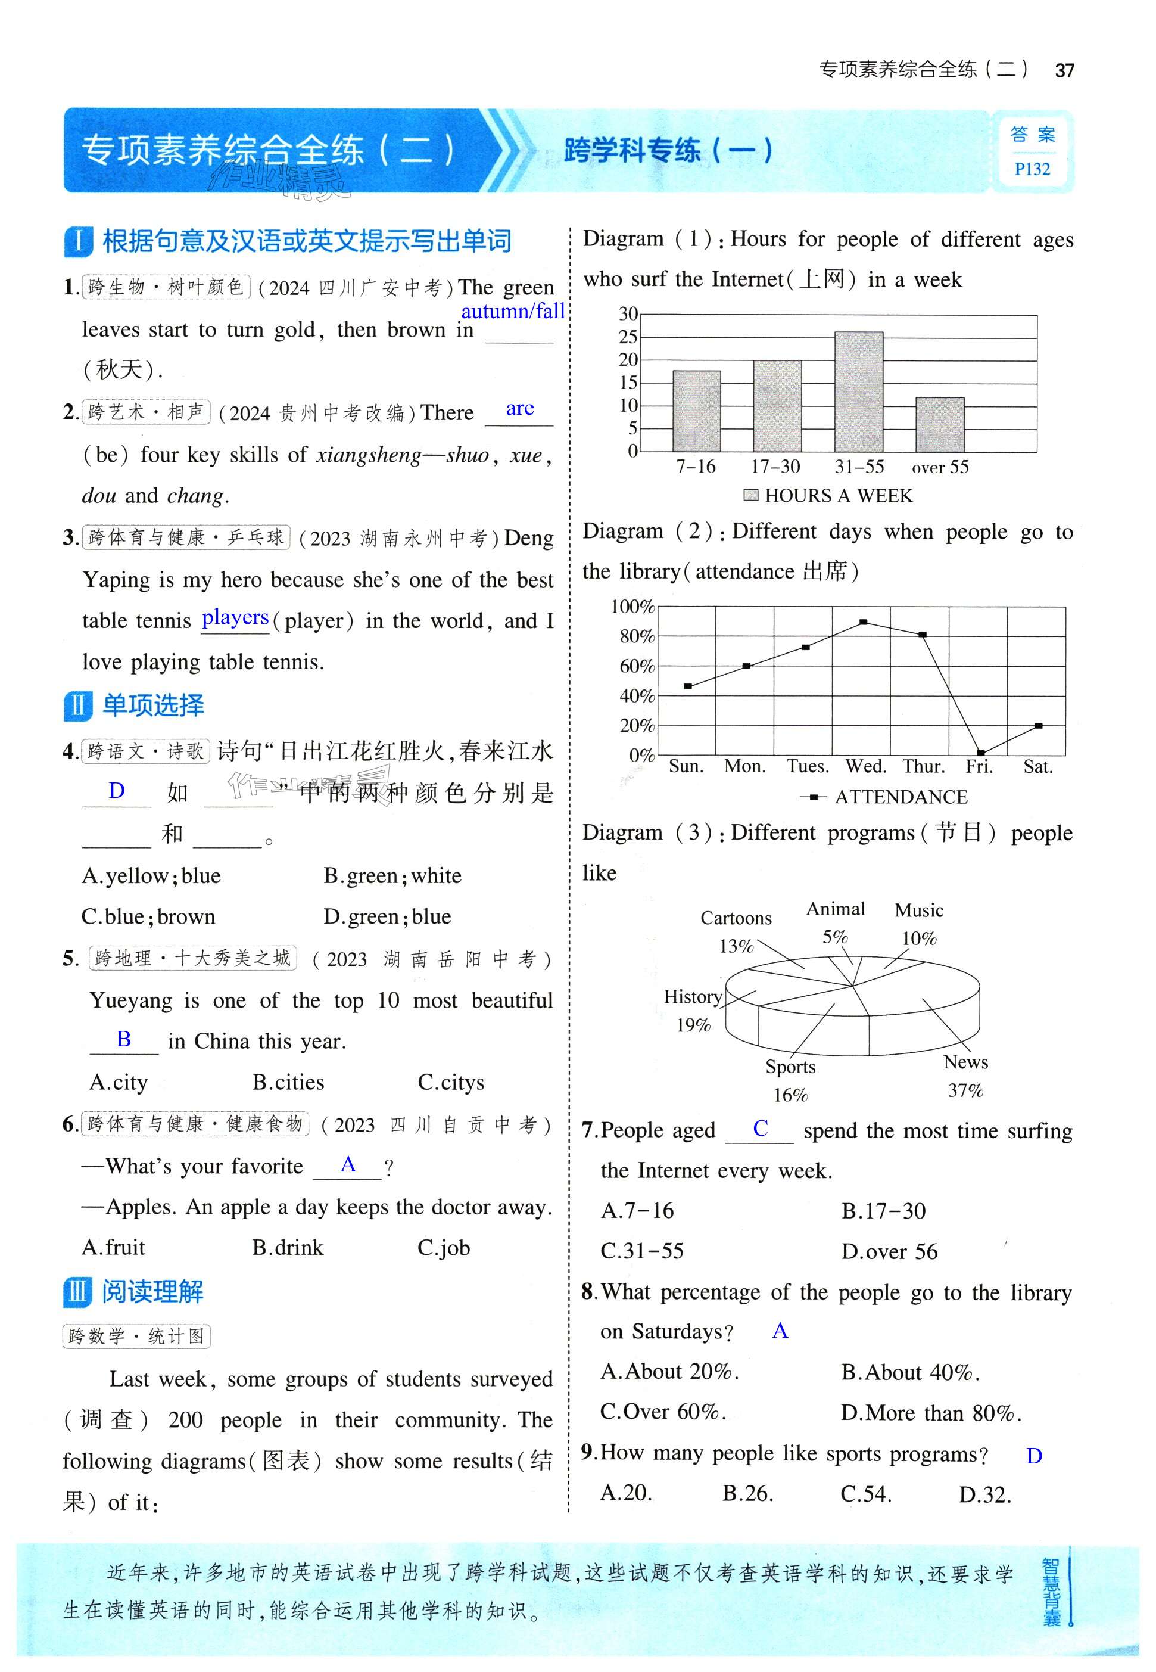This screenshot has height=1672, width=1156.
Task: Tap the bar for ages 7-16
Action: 696,411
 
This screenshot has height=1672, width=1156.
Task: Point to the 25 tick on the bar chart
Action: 628,337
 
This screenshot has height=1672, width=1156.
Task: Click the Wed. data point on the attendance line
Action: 864,622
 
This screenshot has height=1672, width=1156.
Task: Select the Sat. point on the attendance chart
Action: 1038,726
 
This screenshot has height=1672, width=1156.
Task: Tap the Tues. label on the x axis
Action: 808,767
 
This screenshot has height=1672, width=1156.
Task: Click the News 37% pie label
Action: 965,1076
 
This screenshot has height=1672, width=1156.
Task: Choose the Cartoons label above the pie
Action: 736,918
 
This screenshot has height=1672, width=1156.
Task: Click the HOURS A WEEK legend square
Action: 751,495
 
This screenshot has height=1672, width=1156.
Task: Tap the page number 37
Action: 1064,70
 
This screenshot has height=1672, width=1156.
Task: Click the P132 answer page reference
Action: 1032,169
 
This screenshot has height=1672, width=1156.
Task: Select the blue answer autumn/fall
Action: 513,311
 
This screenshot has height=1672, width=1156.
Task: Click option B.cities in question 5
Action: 288,1082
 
